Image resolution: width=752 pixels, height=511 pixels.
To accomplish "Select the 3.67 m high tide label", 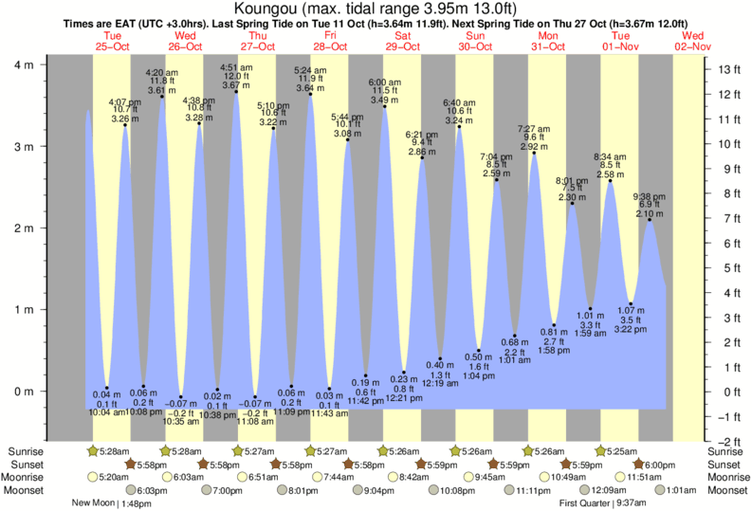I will pos(236,85).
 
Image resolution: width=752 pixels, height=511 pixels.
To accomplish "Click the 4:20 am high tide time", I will pos(160,72).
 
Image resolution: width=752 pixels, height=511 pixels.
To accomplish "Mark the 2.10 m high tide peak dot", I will pos(650,220).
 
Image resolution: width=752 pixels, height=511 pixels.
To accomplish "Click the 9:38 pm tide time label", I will pos(650,196).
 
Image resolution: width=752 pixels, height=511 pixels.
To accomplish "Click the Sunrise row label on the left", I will pos(24,451).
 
